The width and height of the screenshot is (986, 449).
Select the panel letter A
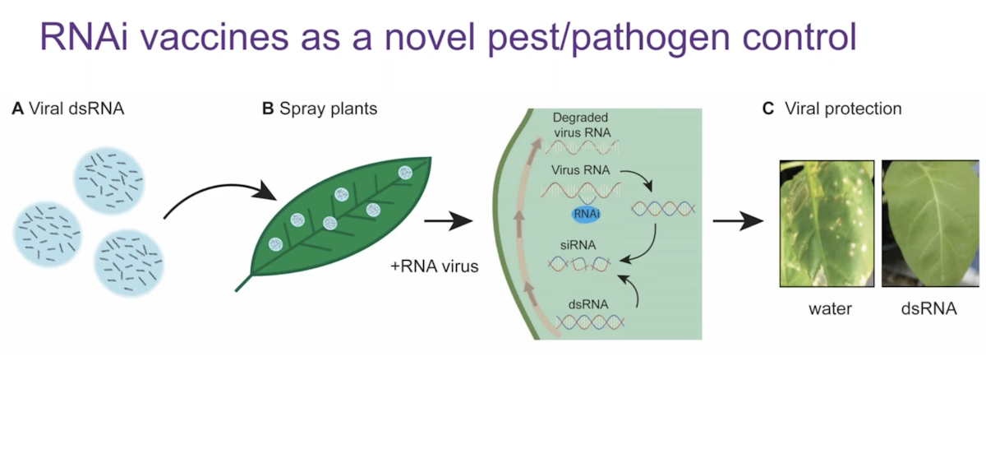click(x=17, y=109)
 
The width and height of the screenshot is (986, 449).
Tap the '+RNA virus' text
click(x=435, y=266)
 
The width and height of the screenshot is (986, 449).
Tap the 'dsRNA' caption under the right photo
click(x=928, y=309)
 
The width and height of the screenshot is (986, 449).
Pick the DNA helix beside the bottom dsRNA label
click(x=590, y=321)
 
